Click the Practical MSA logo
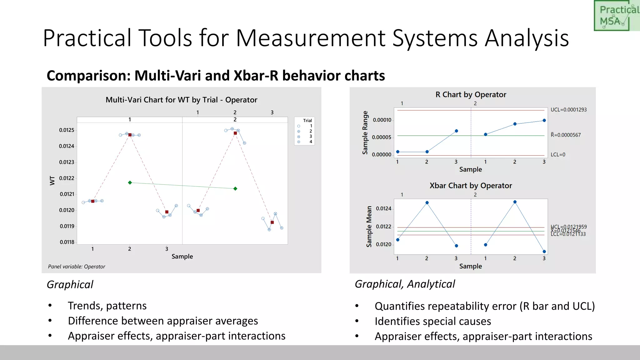(x=616, y=16)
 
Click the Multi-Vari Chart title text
(x=181, y=100)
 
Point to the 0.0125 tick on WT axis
(x=67, y=130)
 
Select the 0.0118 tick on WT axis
(x=67, y=242)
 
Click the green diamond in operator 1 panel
(x=130, y=182)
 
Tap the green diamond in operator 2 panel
(x=235, y=188)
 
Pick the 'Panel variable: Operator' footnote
(x=77, y=267)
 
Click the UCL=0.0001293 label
(x=568, y=110)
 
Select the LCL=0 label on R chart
(x=558, y=155)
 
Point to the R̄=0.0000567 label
(x=566, y=135)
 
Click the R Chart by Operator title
(x=471, y=94)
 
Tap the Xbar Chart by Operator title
(x=471, y=186)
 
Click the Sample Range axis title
(x=365, y=132)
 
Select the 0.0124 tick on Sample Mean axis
(x=383, y=208)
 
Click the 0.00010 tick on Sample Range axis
(x=382, y=120)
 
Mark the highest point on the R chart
(x=544, y=120)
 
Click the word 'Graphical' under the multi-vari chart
(x=70, y=284)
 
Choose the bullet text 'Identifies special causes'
(x=433, y=321)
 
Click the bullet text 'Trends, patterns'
(x=107, y=306)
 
